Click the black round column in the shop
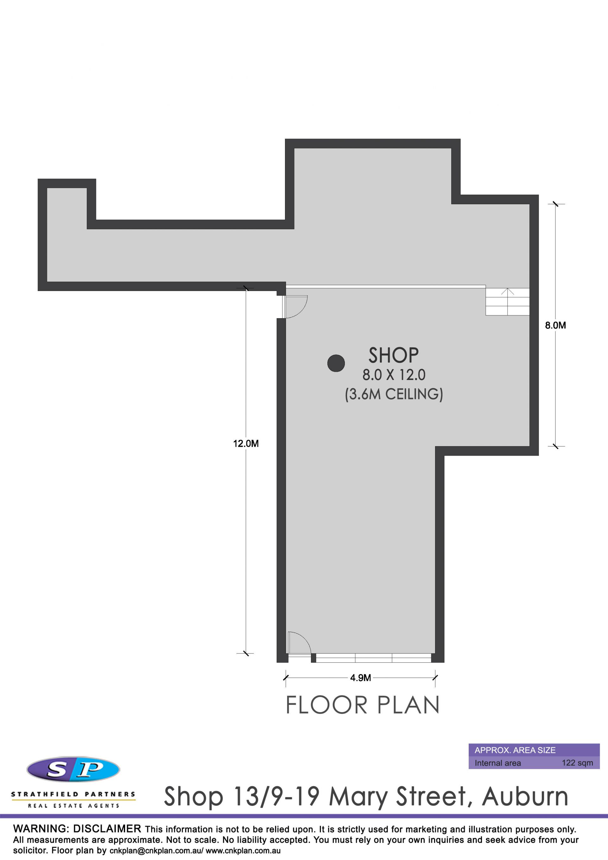click(336, 363)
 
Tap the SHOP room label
click(393, 355)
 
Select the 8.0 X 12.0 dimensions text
click(394, 375)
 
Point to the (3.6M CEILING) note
click(394, 394)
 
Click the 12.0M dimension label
click(246, 444)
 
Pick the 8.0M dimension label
click(555, 325)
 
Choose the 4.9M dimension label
click(360, 678)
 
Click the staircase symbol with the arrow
click(508, 301)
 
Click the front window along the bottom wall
click(373, 658)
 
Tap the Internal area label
click(497, 763)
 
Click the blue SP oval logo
click(73, 769)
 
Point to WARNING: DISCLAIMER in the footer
click(77, 829)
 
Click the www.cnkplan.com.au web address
click(243, 851)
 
